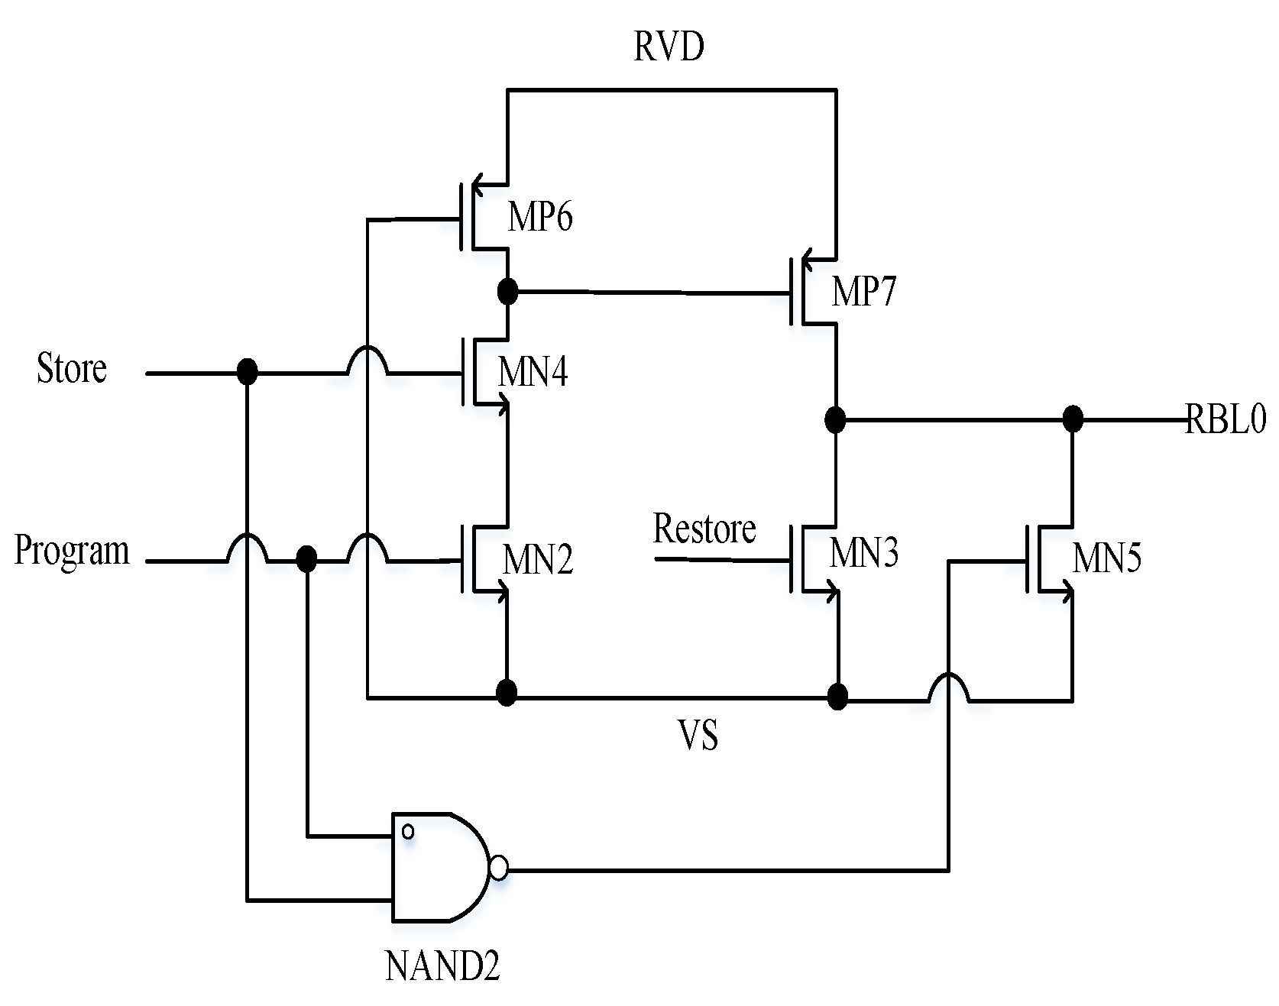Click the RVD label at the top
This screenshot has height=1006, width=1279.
[669, 47]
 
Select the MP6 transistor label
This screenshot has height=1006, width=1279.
[540, 218]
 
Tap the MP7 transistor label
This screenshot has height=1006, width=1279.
[863, 292]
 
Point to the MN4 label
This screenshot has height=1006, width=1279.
[533, 374]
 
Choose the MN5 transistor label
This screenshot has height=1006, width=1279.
[1107, 558]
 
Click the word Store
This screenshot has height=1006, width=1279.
[72, 369]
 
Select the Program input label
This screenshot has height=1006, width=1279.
[73, 551]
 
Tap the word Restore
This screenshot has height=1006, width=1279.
[704, 529]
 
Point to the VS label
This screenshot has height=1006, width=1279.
[698, 737]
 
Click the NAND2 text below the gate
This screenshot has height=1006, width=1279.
[442, 968]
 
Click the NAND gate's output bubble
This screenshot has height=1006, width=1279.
[498, 869]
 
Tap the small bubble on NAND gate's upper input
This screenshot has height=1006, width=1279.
[408, 831]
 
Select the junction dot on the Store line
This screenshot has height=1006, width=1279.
[247, 373]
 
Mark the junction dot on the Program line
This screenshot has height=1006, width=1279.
[306, 560]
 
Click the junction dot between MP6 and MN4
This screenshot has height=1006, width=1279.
[507, 291]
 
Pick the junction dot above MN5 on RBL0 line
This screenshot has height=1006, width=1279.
[1073, 419]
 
